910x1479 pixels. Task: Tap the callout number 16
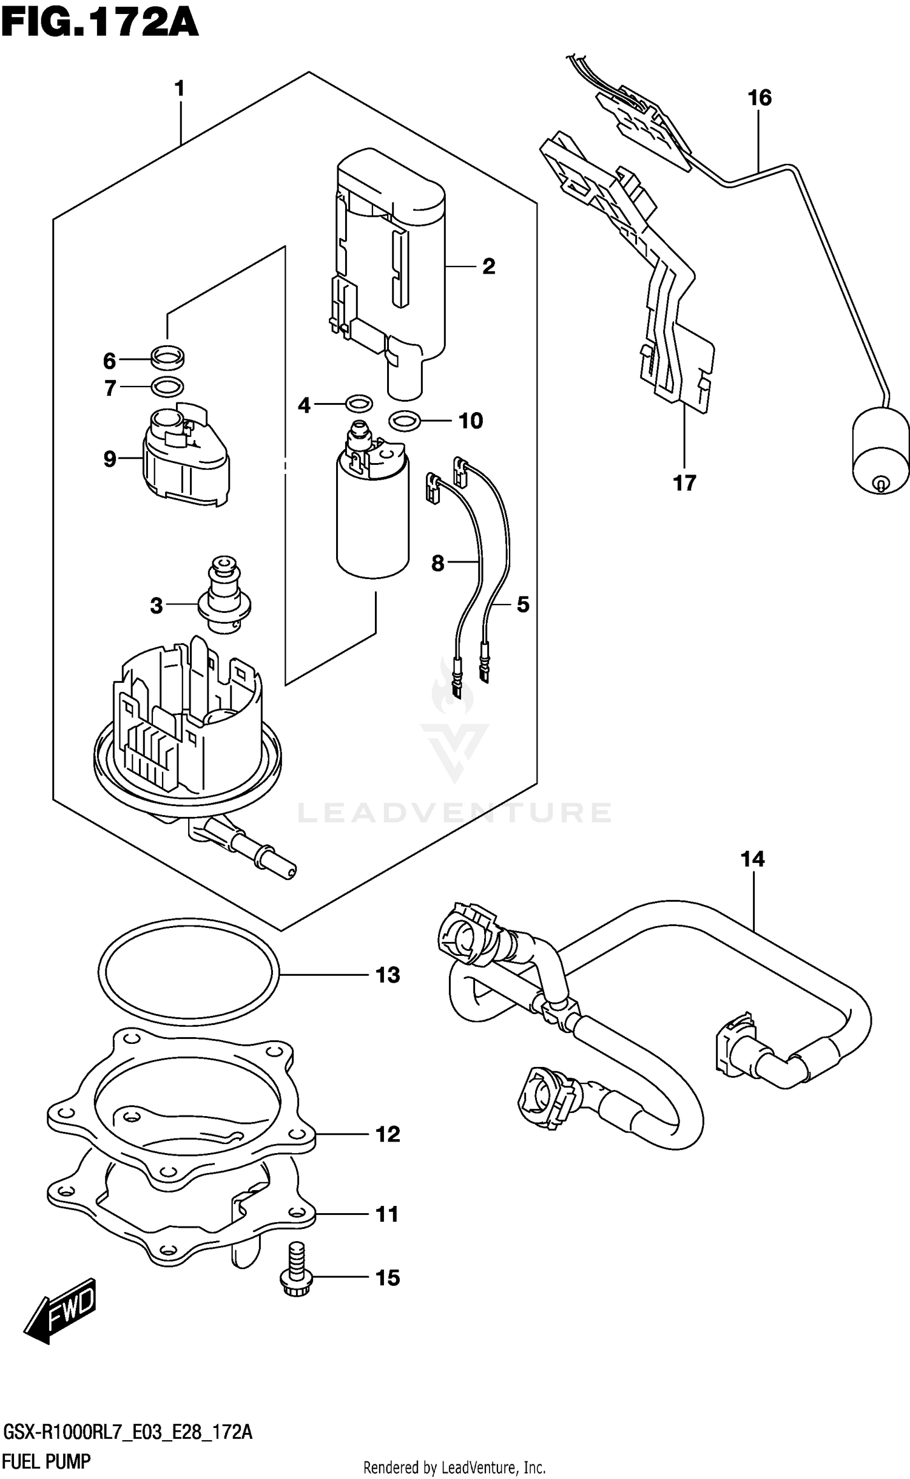point(759,98)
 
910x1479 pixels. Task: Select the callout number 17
point(684,483)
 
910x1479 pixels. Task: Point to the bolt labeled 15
point(295,1278)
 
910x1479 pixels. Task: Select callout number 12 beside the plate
point(388,1134)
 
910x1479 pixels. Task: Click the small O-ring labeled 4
point(358,402)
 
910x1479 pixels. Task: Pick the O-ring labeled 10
point(404,420)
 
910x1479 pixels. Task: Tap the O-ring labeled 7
point(167,386)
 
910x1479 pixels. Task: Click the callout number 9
point(109,459)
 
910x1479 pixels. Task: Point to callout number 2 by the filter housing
point(488,266)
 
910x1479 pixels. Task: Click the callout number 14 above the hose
point(752,859)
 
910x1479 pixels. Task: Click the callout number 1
point(179,89)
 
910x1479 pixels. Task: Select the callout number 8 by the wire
point(437,563)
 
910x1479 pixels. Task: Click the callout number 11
point(387,1214)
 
